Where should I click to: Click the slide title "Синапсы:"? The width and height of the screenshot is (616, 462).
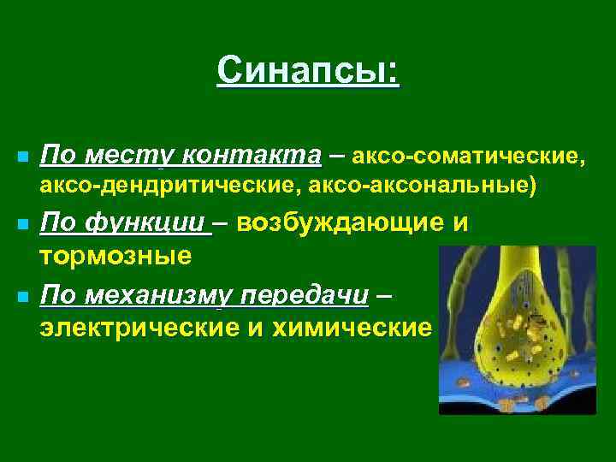coord(307,71)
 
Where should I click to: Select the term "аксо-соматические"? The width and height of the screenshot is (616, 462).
coord(470,156)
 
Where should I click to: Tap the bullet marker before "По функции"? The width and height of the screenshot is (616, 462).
coord(22,226)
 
